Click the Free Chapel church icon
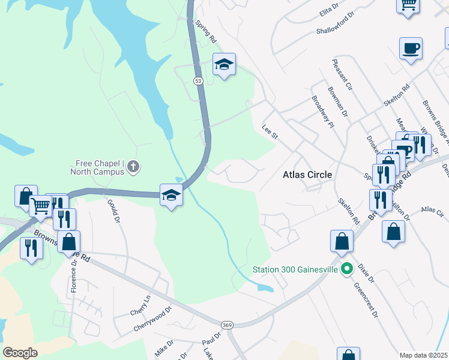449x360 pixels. pyautogui.click(x=133, y=166)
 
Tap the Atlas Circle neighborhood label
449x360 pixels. pyautogui.click(x=307, y=175)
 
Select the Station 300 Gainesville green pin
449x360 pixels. pyautogui.click(x=346, y=268)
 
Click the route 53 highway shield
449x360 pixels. pyautogui.click(x=198, y=80)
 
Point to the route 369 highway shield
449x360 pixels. pyautogui.click(x=227, y=325)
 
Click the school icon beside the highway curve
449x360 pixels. pyautogui.click(x=171, y=194)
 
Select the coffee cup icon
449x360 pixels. pyautogui.click(x=411, y=48)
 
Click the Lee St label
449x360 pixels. pyautogui.click(x=271, y=132)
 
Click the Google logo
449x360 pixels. pyautogui.click(x=20, y=352)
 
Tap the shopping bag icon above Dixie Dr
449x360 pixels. pyautogui.click(x=342, y=241)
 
